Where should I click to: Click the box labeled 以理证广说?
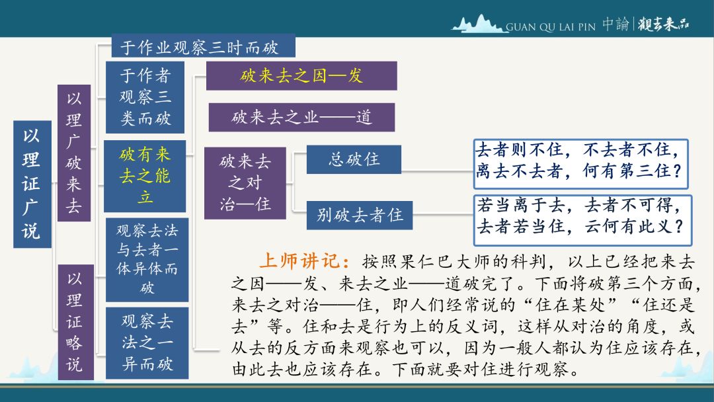pos(32,184)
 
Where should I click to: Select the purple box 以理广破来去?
pos(74,153)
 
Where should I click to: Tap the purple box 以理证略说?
pos(75,322)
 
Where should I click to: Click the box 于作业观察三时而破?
pos(203,47)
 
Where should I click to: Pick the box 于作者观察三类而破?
pos(145,97)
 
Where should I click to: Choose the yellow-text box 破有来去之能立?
pos(145,176)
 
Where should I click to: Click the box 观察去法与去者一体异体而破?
pos(147,259)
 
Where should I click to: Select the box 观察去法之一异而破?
pos(147,342)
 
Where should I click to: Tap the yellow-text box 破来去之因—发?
pos(301,75)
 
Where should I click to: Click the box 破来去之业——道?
pos(301,118)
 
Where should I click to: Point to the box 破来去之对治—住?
pos(245,183)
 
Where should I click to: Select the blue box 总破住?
pos(354,159)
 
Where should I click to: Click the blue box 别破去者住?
pos(359,215)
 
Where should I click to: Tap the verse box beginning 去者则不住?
pos(580,164)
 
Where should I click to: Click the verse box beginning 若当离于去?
pos(582,220)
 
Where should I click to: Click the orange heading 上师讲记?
pos(305,261)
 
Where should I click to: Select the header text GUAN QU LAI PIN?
pos(551,27)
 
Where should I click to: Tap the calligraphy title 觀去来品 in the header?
pos(664,24)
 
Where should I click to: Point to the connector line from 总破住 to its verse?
pos(437,172)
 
